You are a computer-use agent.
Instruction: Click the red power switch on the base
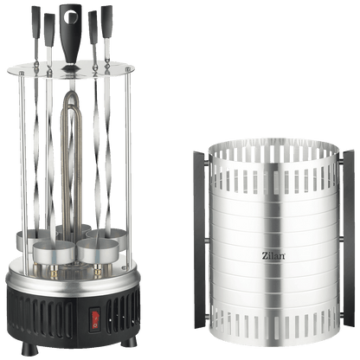[95, 319]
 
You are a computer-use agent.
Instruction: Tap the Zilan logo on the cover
[273, 255]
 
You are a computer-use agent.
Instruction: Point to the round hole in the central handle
[71, 16]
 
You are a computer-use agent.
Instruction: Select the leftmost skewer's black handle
[36, 22]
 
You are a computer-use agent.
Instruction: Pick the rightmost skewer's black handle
[106, 22]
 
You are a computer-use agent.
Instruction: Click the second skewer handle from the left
[49, 30]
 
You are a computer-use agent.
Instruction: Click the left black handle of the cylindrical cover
[200, 239]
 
